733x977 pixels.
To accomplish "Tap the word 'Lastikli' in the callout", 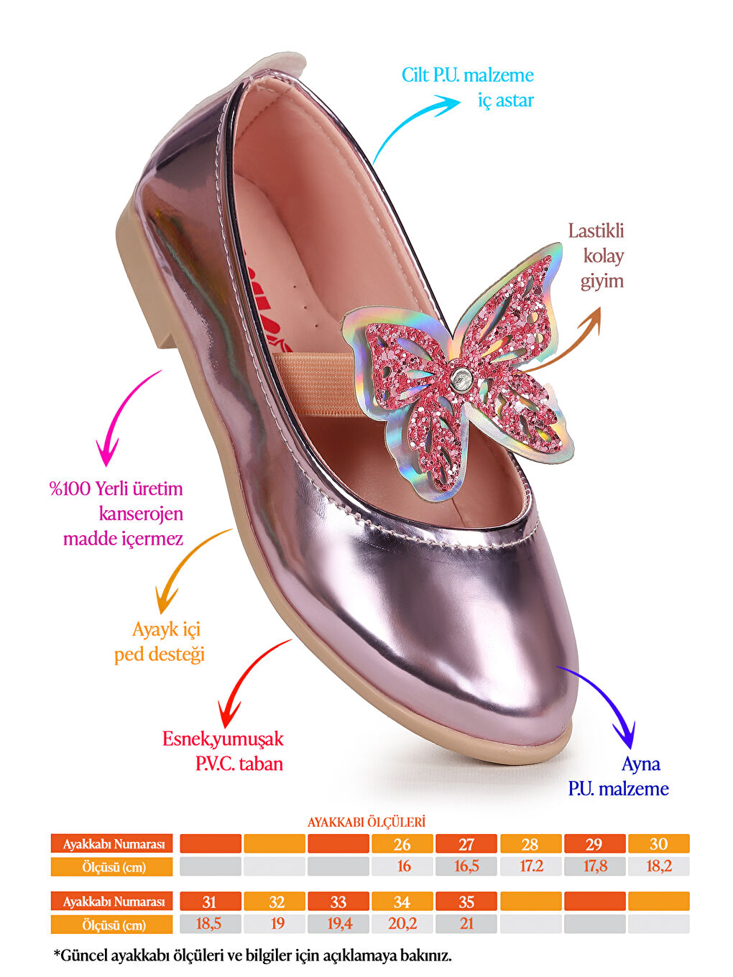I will [596, 231].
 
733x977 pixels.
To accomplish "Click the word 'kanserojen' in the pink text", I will [141, 514].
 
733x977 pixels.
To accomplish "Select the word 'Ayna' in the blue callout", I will [641, 764].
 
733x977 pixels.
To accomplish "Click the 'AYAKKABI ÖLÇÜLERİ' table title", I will [366, 822].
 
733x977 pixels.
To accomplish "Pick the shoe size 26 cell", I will [402, 844].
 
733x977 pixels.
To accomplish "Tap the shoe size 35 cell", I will [466, 902].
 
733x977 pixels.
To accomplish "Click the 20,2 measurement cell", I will [402, 924].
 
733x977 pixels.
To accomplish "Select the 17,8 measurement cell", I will [595, 866].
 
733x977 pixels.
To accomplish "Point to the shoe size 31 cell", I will [210, 902].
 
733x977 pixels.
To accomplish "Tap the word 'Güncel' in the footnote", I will [84, 956].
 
